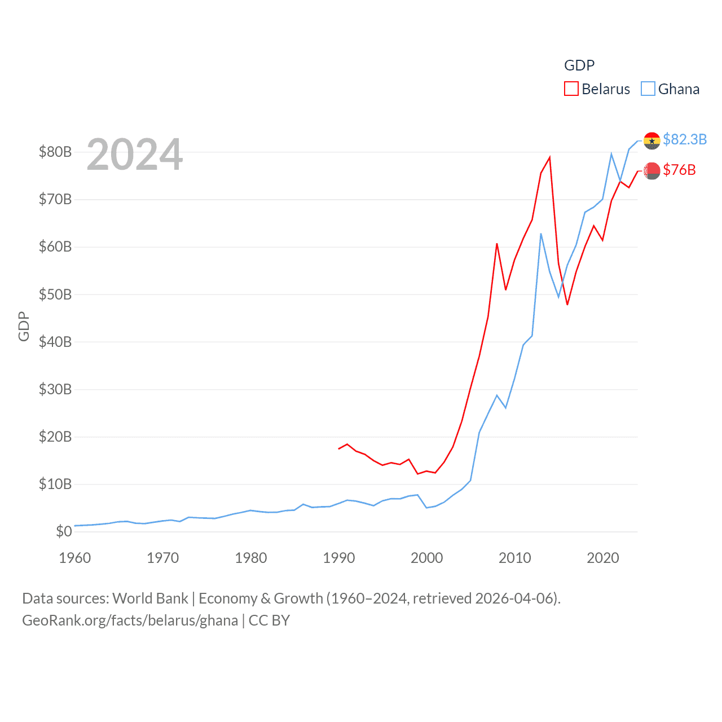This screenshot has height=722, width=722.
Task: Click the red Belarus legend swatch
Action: click(x=571, y=89)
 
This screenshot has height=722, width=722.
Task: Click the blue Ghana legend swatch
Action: click(x=648, y=89)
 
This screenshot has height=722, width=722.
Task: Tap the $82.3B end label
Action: click(x=685, y=139)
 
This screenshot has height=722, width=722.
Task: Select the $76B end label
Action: click(x=679, y=170)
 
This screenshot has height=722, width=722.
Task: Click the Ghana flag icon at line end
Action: click(x=652, y=140)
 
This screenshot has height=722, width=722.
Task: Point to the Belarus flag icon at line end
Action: click(x=652, y=170)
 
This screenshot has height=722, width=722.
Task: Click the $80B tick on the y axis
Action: click(x=55, y=152)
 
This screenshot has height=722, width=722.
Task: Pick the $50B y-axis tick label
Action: click(x=55, y=294)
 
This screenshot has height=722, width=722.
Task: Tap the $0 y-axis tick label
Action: click(x=64, y=531)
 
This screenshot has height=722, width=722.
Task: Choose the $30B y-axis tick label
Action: click(x=55, y=389)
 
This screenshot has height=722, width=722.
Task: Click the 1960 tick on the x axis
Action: click(x=75, y=558)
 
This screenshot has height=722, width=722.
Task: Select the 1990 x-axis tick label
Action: click(x=339, y=558)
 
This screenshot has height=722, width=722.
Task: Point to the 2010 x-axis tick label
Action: click(x=515, y=558)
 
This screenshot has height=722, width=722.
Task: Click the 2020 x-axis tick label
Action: click(x=603, y=558)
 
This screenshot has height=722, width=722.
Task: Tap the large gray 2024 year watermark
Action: click(x=135, y=154)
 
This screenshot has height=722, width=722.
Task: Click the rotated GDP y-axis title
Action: click(x=24, y=326)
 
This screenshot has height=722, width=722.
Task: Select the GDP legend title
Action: click(x=579, y=65)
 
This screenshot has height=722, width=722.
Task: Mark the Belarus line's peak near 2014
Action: click(x=549, y=157)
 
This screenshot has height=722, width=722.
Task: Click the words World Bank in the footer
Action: click(x=150, y=598)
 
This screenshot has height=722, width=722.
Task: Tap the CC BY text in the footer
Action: click(x=269, y=620)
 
